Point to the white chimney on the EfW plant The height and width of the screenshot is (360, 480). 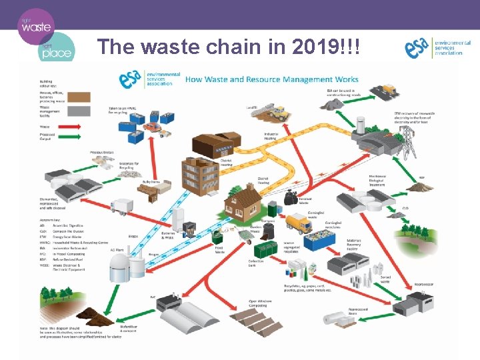361,125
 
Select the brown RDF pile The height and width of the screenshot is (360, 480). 421,187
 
